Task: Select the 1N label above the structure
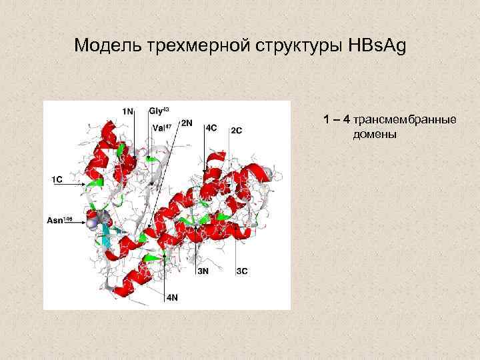(x=127, y=111)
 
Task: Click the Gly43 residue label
(x=159, y=111)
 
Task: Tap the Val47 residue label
(x=162, y=127)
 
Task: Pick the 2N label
(x=187, y=123)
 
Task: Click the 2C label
(x=236, y=130)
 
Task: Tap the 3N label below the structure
(x=202, y=271)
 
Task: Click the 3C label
(x=242, y=271)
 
